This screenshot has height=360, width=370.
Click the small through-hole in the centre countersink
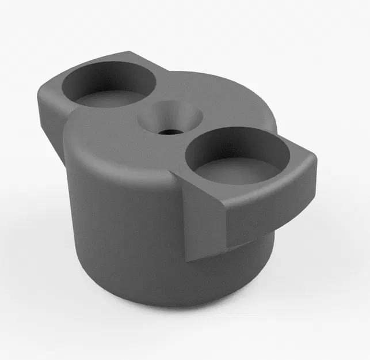pos(169,131)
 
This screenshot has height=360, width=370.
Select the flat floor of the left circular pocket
pos(109,98)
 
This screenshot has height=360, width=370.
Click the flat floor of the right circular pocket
pos(237,170)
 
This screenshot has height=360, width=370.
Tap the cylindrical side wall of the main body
pos(127,230)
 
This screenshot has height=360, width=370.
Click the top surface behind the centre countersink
pos(196,86)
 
